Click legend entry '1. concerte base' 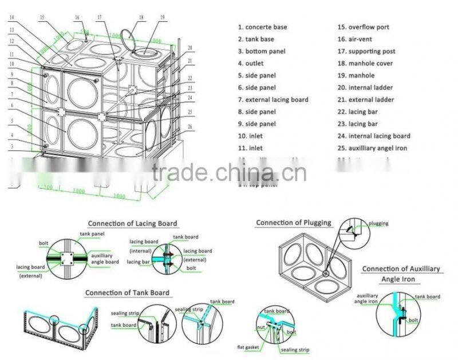coord(262,27)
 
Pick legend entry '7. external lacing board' coord(273,100)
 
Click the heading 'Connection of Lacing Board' coord(132,224)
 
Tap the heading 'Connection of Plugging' coord(293,223)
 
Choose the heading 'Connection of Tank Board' coord(127,293)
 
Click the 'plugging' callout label coord(378,223)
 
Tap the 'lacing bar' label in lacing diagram coord(138,262)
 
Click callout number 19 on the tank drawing coord(162,18)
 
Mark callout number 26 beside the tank coord(190,126)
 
